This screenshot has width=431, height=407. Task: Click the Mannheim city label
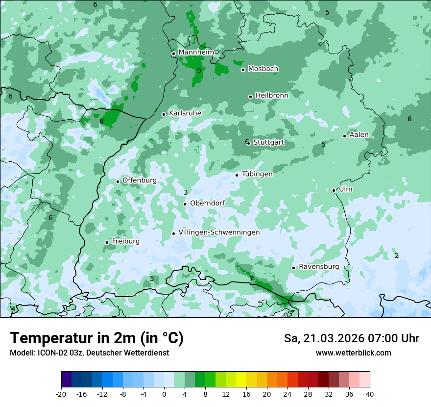[x=196, y=52]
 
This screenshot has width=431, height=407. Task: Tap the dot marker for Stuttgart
[x=249, y=143]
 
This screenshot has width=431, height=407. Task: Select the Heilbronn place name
[x=272, y=96]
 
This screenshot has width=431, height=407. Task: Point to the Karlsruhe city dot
[x=164, y=114]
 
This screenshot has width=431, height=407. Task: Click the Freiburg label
[x=125, y=241]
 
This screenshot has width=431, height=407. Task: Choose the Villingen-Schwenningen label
[x=219, y=232]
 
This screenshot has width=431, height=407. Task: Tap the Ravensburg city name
[x=318, y=267]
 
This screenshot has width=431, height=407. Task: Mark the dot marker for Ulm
[x=334, y=190]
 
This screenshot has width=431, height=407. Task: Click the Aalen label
[x=359, y=135]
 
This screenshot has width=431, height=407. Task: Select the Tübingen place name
[x=257, y=174]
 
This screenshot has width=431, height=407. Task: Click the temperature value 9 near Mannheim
[x=199, y=71]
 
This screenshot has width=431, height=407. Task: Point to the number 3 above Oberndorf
[x=186, y=192]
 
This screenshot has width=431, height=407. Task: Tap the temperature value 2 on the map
[x=397, y=255]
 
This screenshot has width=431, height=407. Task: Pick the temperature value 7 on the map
[x=252, y=279]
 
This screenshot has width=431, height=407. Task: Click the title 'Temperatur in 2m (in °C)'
[x=96, y=338]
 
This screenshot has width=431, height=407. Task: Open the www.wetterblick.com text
[x=353, y=353]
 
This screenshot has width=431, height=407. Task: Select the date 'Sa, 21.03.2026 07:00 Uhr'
[x=351, y=338]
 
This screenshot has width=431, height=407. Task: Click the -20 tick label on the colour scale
[x=61, y=394]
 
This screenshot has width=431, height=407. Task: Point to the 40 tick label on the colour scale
[x=369, y=394]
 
